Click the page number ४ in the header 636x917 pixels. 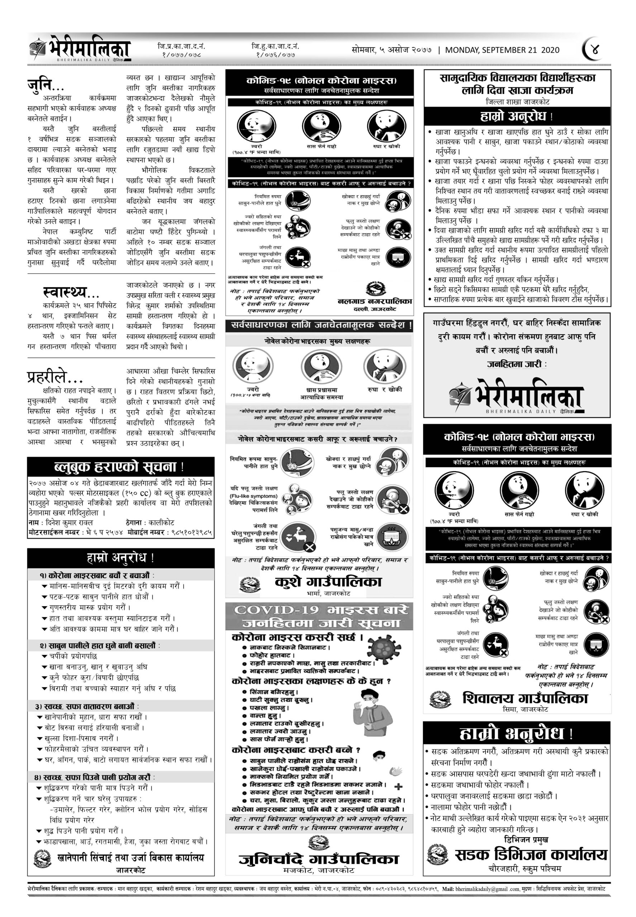point(595,50)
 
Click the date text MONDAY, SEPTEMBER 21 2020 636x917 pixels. point(502,50)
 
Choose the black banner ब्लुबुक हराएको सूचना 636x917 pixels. point(120,467)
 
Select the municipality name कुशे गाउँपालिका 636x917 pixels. point(328,582)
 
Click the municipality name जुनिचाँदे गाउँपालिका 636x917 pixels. point(319,859)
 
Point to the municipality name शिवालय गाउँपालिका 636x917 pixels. point(525,698)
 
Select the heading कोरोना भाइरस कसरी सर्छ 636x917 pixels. point(297,637)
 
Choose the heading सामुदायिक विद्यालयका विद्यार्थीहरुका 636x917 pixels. point(517,78)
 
